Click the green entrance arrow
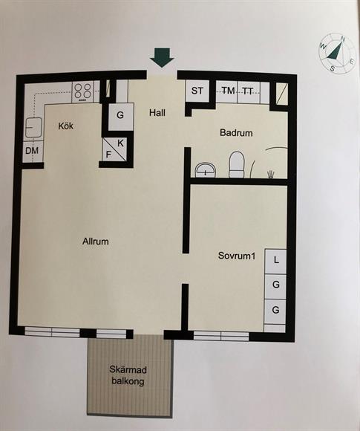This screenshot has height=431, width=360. click(x=162, y=57)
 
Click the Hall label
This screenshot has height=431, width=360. click(x=157, y=113)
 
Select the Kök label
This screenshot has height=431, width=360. click(x=66, y=126)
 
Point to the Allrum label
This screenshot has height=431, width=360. click(x=96, y=242)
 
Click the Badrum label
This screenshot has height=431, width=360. click(x=236, y=133)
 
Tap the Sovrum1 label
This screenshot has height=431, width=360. click(x=237, y=256)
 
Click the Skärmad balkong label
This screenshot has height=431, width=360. click(x=128, y=375)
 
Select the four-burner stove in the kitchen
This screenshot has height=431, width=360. click(x=83, y=91)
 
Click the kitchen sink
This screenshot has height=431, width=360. click(x=34, y=127)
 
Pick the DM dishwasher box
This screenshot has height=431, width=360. click(x=33, y=151)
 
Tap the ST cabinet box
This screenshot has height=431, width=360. click(x=197, y=91)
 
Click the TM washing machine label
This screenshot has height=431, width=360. click(x=228, y=90)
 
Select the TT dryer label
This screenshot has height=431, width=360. click(x=248, y=91)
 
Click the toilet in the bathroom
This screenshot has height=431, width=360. click(x=237, y=165)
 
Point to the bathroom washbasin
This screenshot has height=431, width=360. click(x=206, y=170)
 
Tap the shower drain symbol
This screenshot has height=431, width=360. click(x=271, y=175)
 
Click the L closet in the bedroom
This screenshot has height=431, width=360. click(x=275, y=261)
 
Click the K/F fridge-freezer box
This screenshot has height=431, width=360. click(x=115, y=149)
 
